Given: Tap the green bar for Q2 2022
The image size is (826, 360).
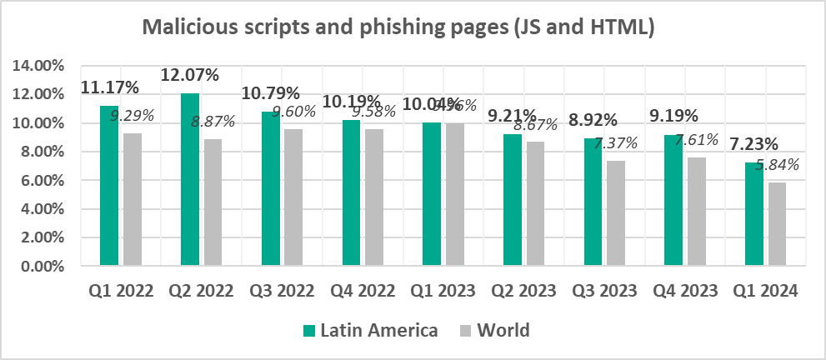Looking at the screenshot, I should point(190,179).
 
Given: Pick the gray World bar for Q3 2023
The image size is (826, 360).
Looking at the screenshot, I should point(615,213).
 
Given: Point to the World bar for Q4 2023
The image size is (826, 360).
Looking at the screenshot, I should point(696,212).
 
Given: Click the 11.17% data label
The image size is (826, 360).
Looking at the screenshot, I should point(108,87).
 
